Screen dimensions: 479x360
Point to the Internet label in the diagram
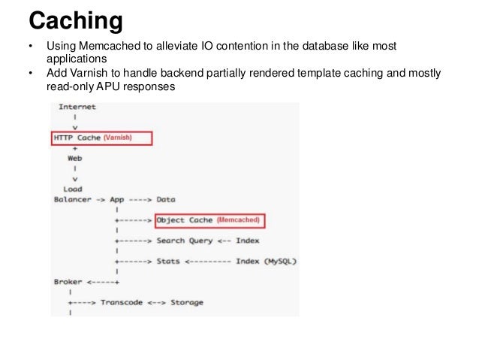pyautogui.click(x=77, y=107)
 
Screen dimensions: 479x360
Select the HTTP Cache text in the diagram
pyautogui.click(x=77, y=138)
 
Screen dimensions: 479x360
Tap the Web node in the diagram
pyautogui.click(x=75, y=159)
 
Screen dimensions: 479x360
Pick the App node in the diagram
pyautogui.click(x=118, y=200)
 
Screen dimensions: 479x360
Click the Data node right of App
pyautogui.click(x=166, y=200)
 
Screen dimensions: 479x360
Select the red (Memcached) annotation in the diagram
pyautogui.click(x=239, y=220)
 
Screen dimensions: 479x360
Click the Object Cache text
pyautogui.click(x=185, y=220)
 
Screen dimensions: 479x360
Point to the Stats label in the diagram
pyautogui.click(x=167, y=262)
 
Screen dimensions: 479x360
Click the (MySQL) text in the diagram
pyautogui.click(x=281, y=262)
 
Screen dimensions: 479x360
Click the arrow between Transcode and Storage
pyautogui.click(x=157, y=303)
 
